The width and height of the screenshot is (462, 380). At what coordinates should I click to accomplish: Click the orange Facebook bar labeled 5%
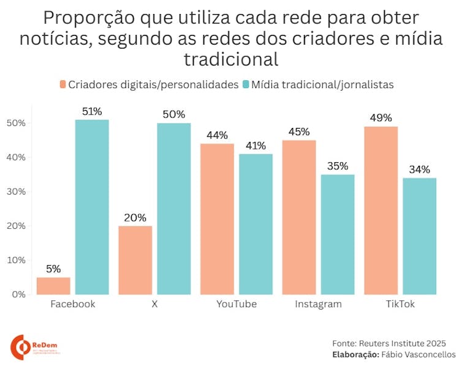click(x=53, y=286)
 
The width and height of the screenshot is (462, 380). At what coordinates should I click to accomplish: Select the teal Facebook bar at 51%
click(x=92, y=207)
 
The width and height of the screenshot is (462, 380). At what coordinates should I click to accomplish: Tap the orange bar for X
click(x=135, y=260)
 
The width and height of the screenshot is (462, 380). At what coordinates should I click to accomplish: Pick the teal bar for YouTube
click(x=256, y=224)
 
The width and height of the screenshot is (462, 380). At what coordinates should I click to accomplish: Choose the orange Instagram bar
click(x=298, y=217)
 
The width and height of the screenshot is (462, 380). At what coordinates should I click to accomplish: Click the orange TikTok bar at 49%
click(x=381, y=210)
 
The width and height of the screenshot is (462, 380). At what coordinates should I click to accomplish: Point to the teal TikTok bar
click(x=419, y=236)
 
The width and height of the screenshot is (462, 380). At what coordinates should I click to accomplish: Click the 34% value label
click(x=419, y=170)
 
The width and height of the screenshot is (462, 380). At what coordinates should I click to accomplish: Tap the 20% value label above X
click(x=135, y=218)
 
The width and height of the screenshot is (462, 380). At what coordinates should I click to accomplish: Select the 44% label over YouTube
click(x=217, y=135)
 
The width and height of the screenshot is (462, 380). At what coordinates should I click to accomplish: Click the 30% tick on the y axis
click(x=16, y=192)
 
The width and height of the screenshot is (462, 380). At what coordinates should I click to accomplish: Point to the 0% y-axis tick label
click(x=18, y=294)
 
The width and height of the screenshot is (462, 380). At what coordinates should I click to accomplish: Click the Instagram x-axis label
click(x=318, y=304)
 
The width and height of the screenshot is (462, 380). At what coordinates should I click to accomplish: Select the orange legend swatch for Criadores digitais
click(x=63, y=84)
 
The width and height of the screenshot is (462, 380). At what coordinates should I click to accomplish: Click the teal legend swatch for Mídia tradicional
click(x=246, y=84)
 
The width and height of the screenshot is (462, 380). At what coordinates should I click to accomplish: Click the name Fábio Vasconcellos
click(x=419, y=354)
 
